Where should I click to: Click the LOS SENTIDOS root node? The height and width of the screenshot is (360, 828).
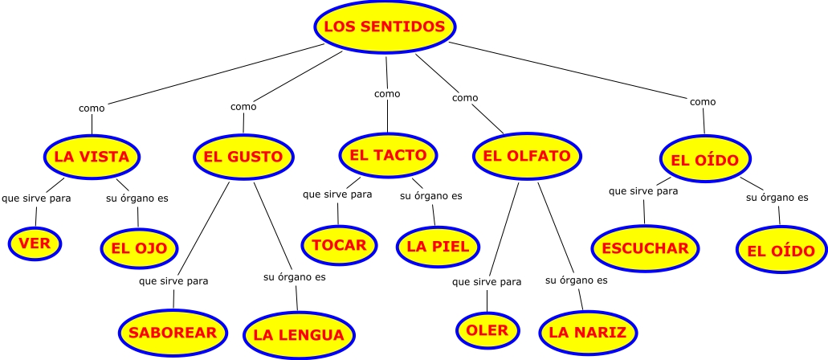coord(385,27)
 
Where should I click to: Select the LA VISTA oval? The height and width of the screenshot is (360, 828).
coord(92,157)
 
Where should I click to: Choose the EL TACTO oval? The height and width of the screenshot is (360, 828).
coord(389,154)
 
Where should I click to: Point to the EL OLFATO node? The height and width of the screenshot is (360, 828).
coord(527,155)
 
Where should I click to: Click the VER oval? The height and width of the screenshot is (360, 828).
coord(35,243)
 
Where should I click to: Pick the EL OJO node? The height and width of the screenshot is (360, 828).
coord(139,248)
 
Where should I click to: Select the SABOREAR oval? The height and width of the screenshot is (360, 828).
coord(173,332)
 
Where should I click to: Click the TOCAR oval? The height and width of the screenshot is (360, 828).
coord(340,245)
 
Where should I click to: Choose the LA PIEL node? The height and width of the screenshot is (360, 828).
coord(438,246)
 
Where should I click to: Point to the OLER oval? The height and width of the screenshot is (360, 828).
coord(487,330)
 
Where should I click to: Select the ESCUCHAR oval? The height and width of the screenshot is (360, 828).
coord(645,248)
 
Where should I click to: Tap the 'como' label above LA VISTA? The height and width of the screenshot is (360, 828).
coord(92,108)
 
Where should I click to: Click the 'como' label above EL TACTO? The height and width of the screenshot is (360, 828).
coord(387,94)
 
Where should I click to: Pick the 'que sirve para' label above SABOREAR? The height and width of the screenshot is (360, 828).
coord(173,281)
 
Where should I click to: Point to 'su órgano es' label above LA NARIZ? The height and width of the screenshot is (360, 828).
coord(577,280)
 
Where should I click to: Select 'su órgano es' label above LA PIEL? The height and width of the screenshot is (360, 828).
coord(431,195)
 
